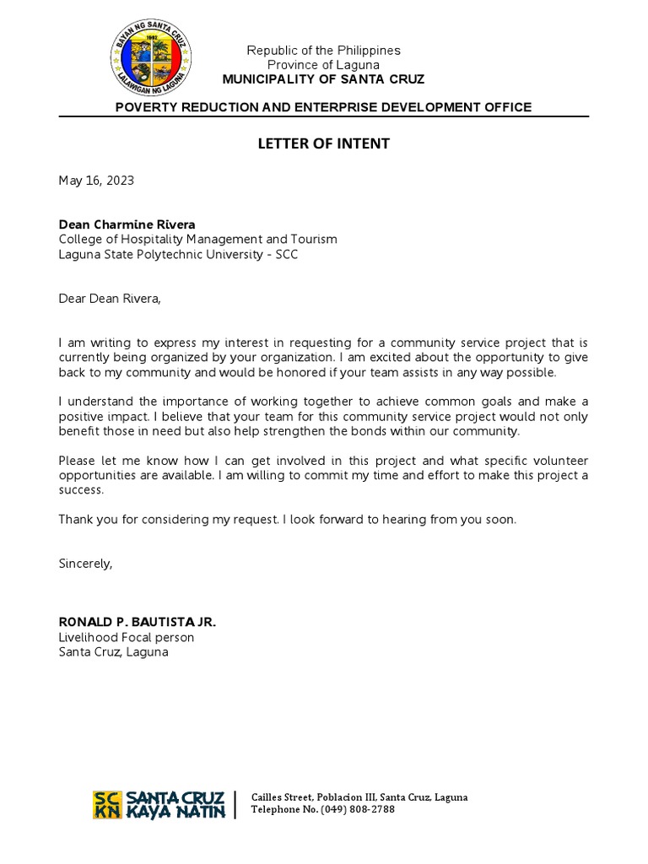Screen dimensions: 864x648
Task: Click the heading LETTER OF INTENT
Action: [x=323, y=143]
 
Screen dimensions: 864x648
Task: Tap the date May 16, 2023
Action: [x=96, y=181]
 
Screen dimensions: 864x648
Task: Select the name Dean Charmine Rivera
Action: [x=127, y=224]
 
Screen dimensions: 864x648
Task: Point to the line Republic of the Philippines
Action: [x=323, y=51]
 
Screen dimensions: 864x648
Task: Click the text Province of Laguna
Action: [x=323, y=65]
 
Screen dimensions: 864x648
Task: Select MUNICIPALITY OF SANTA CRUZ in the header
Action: [x=323, y=79]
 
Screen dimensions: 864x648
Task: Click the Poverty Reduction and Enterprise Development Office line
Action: [x=323, y=107]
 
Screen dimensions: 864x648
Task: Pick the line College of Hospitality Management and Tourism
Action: [x=197, y=240]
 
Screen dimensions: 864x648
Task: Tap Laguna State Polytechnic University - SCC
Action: [x=178, y=255]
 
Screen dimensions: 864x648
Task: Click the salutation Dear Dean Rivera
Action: [x=109, y=299]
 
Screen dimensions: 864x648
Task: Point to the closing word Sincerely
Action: [x=85, y=564]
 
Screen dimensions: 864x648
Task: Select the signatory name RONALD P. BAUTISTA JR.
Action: [x=138, y=622]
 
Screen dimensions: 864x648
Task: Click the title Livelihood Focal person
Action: [x=126, y=637]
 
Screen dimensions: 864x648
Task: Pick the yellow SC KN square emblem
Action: [x=107, y=804]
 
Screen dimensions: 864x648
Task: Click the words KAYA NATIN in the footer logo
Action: [x=175, y=812]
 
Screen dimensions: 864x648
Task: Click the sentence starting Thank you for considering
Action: [x=287, y=520]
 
